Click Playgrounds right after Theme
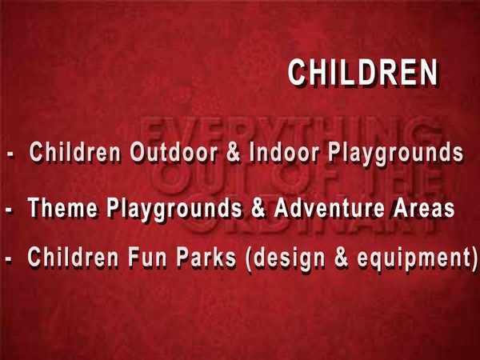174,210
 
